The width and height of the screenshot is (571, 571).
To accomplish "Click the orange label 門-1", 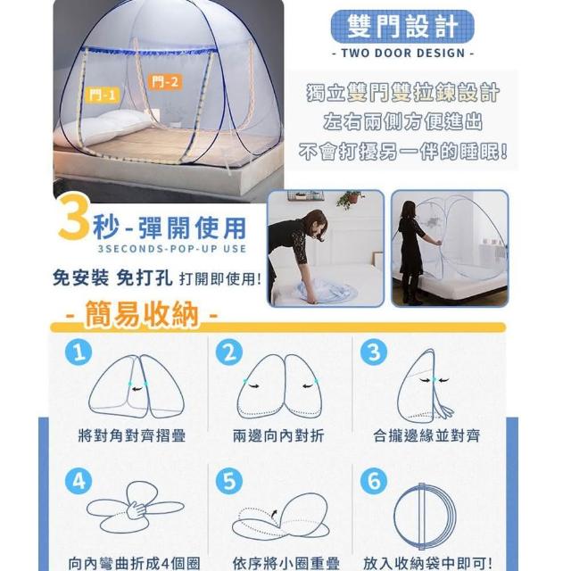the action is pyautogui.click(x=103, y=95).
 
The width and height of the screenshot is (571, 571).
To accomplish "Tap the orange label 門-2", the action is pyautogui.click(x=165, y=82).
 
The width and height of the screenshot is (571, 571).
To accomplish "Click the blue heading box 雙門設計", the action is pyautogui.click(x=402, y=27).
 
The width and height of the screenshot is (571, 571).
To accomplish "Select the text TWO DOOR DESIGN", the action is pyautogui.click(x=403, y=54).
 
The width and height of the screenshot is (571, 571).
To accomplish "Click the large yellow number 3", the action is pyautogui.click(x=74, y=217).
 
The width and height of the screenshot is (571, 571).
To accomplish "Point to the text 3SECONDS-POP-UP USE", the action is pyautogui.click(x=172, y=249).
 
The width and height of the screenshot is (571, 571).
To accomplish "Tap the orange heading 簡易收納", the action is pyautogui.click(x=142, y=313).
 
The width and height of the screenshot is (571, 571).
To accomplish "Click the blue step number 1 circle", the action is pyautogui.click(x=79, y=352).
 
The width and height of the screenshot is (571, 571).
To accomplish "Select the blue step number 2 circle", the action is pyautogui.click(x=229, y=352).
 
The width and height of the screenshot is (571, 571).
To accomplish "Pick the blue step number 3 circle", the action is pyautogui.click(x=374, y=352).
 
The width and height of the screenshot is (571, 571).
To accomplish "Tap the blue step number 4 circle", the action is pyautogui.click(x=79, y=481).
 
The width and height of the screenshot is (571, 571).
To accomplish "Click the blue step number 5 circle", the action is pyautogui.click(x=229, y=481).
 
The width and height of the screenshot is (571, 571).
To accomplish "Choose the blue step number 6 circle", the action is pyautogui.click(x=374, y=481).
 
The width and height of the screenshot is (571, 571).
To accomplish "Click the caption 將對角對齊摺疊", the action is pyautogui.click(x=132, y=435).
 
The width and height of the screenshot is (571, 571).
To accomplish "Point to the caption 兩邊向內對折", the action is pyautogui.click(x=278, y=435).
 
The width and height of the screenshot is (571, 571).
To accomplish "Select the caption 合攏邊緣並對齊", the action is pyautogui.click(x=426, y=435).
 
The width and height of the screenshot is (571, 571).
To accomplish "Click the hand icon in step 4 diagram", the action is pyautogui.click(x=137, y=509).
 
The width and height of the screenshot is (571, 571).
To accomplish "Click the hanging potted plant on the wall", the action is pyautogui.click(x=351, y=198).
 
